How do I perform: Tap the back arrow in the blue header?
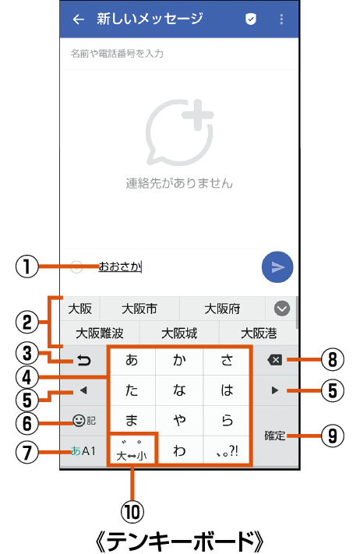click(79, 19)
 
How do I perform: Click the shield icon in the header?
click(250, 19)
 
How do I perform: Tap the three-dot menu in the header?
click(281, 19)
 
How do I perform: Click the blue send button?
click(277, 267)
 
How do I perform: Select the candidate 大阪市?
click(139, 309)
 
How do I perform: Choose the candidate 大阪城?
click(179, 333)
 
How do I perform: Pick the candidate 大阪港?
click(259, 333)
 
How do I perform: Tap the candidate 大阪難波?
click(100, 333)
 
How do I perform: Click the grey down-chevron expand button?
click(282, 309)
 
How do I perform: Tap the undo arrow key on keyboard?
click(83, 361)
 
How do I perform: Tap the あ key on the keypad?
click(132, 360)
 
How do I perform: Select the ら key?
click(227, 420)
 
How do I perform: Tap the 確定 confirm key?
click(275, 436)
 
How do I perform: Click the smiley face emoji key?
click(79, 420)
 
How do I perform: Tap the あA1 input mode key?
click(83, 451)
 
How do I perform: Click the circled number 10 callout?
click(132, 512)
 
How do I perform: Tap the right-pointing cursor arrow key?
click(275, 390)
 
